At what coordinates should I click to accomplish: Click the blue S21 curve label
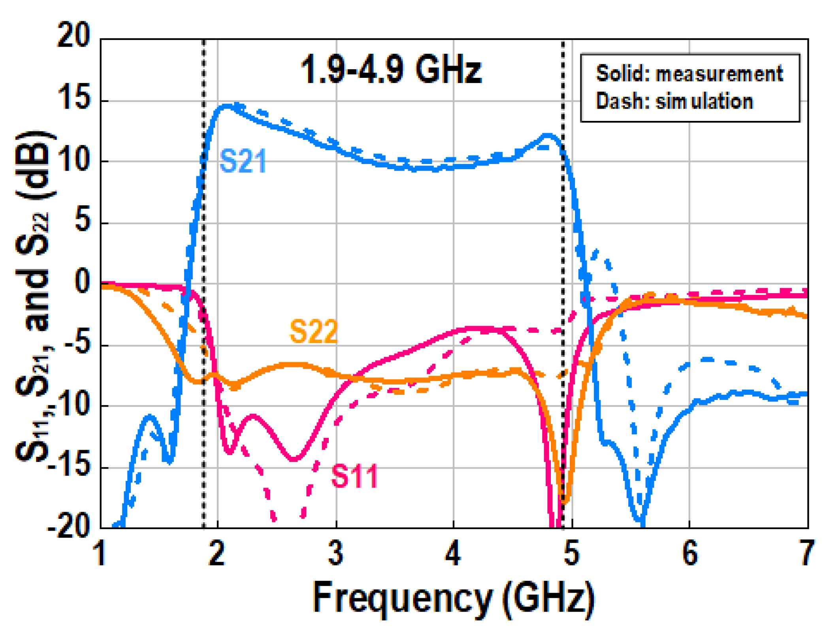(x=243, y=161)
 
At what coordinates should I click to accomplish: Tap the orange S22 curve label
(x=313, y=332)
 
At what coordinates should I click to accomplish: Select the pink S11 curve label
(x=354, y=476)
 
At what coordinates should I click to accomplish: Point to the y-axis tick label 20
(x=73, y=36)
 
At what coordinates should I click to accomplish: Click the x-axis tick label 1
(x=101, y=553)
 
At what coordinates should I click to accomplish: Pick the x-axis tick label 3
(x=336, y=553)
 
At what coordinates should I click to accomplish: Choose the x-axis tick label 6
(x=690, y=553)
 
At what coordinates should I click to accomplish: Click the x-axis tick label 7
(x=806, y=553)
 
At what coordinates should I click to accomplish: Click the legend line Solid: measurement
(x=689, y=74)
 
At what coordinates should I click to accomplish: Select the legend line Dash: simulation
(x=674, y=102)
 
